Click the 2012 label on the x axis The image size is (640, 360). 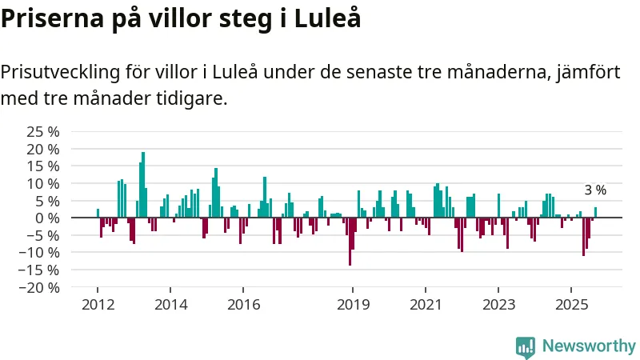[98, 305]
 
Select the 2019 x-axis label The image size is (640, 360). [352, 305]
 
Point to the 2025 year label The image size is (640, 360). [571, 305]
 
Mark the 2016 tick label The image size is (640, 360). [243, 305]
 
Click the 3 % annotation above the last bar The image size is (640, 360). [595, 190]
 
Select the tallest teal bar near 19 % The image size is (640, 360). [143, 185]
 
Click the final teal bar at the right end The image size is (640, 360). [595, 213]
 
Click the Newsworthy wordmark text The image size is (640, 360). [589, 346]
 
